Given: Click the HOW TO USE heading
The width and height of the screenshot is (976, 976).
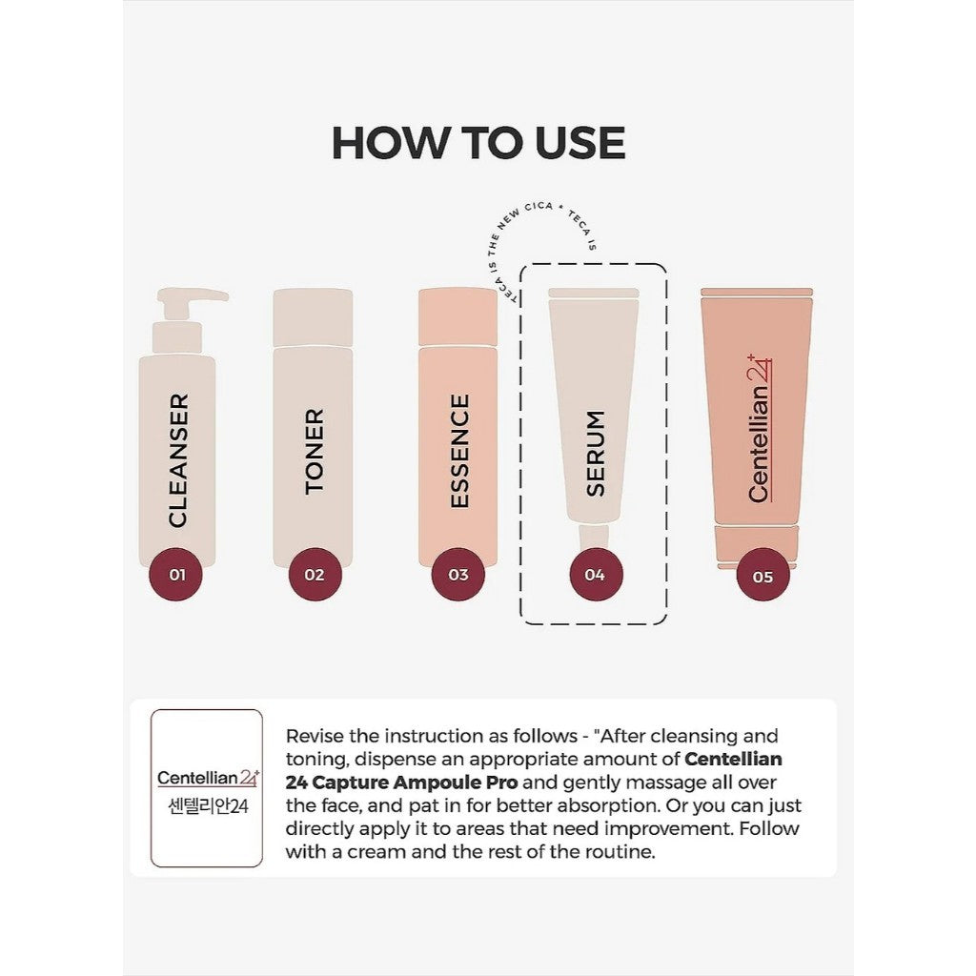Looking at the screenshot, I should tap(478, 143).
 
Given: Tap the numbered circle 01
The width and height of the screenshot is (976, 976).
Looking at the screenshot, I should tap(177, 575).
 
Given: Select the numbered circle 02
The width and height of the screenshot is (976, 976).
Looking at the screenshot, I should tap(315, 575).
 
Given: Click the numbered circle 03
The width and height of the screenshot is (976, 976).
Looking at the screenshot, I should tap(458, 575).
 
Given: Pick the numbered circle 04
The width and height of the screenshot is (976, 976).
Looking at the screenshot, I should tap(596, 575).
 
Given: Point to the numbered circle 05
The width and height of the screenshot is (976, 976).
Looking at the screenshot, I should tap(762, 576).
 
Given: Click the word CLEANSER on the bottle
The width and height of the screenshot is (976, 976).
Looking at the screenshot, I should tap(178, 460).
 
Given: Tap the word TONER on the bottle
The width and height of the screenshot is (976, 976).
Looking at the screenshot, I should tap(315, 451).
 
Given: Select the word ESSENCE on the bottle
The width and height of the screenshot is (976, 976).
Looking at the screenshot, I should tap(459, 451).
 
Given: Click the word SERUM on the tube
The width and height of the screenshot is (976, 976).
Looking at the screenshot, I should tap(596, 453).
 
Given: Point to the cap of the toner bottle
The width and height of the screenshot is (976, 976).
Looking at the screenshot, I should tap(313, 317).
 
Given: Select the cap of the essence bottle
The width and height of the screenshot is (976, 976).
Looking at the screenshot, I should tap(458, 317).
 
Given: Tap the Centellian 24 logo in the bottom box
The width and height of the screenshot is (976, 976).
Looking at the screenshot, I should tap(207, 777).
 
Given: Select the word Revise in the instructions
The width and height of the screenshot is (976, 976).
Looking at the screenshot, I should tap(316, 736).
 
